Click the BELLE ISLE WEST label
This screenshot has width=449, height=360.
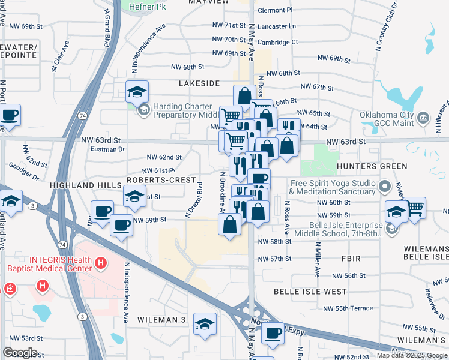310,292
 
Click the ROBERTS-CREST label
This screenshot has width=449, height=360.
161,180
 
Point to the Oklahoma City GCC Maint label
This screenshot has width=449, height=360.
387,120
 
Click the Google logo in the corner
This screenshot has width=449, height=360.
20,353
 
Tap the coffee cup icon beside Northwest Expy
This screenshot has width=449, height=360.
273,332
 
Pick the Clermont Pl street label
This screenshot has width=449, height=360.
275,10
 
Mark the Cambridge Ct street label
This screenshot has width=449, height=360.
277,42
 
